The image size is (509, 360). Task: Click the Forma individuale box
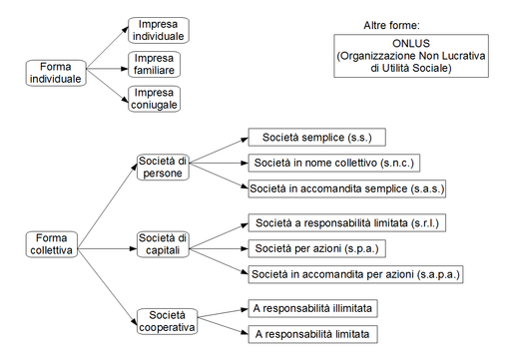[54, 73]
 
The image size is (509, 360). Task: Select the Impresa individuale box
[158, 30]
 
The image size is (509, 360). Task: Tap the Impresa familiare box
[158, 65]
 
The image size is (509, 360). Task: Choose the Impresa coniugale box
[158, 99]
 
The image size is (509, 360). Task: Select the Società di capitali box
[162, 242]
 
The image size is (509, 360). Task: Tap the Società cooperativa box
[166, 320]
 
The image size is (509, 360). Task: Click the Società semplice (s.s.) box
[316, 138]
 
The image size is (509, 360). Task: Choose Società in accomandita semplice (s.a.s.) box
[347, 187]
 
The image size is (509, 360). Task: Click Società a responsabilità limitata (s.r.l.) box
[346, 222]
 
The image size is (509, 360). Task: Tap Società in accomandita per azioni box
[355, 273]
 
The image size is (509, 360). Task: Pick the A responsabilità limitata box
[313, 333]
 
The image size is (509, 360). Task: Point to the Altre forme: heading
[392, 24]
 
